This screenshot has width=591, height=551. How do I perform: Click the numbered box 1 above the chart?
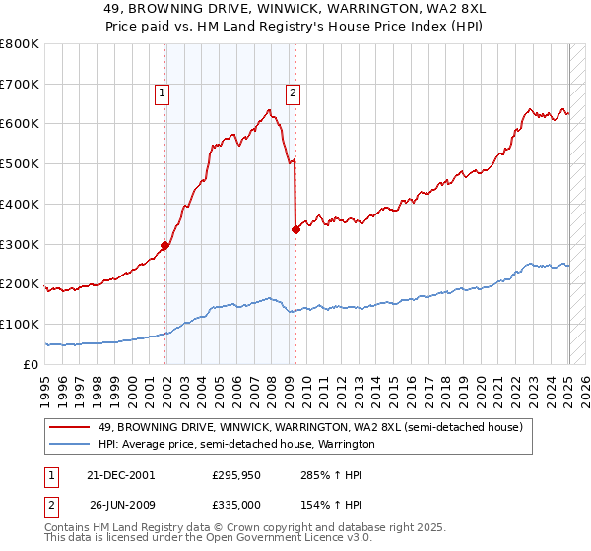[162, 94]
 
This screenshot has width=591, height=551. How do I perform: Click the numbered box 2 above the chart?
[294, 94]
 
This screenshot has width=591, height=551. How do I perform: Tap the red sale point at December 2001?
[165, 246]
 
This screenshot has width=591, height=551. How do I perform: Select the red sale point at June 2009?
[295, 230]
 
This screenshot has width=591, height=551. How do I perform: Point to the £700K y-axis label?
[20, 85]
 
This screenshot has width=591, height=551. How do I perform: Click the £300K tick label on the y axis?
[20, 244]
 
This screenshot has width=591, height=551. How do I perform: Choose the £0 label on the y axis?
[32, 364]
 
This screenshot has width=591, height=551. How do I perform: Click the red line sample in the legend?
[71, 426]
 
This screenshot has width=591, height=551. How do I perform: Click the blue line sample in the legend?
[71, 444]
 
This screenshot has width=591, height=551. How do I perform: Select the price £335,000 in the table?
[236, 506]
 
